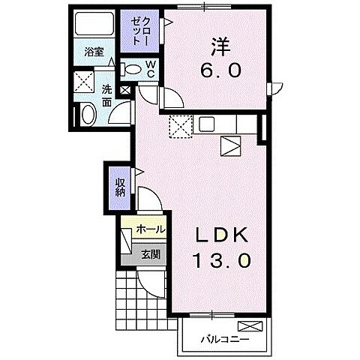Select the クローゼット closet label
click(136, 32)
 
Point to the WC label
click(149, 70)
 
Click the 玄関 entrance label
click(150, 254)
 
